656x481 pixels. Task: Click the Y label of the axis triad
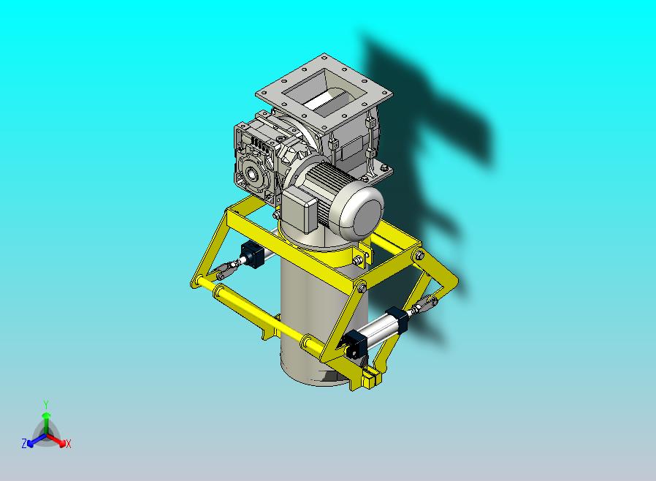pyautogui.click(x=46, y=404)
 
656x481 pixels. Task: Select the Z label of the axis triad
pyautogui.click(x=24, y=443)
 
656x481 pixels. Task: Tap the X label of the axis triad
pyautogui.click(x=69, y=444)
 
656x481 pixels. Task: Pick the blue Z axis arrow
pyautogui.click(x=37, y=439)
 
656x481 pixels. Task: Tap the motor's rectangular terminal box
pyautogui.click(x=300, y=208)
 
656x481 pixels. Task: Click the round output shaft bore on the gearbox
pyautogui.click(x=252, y=172)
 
